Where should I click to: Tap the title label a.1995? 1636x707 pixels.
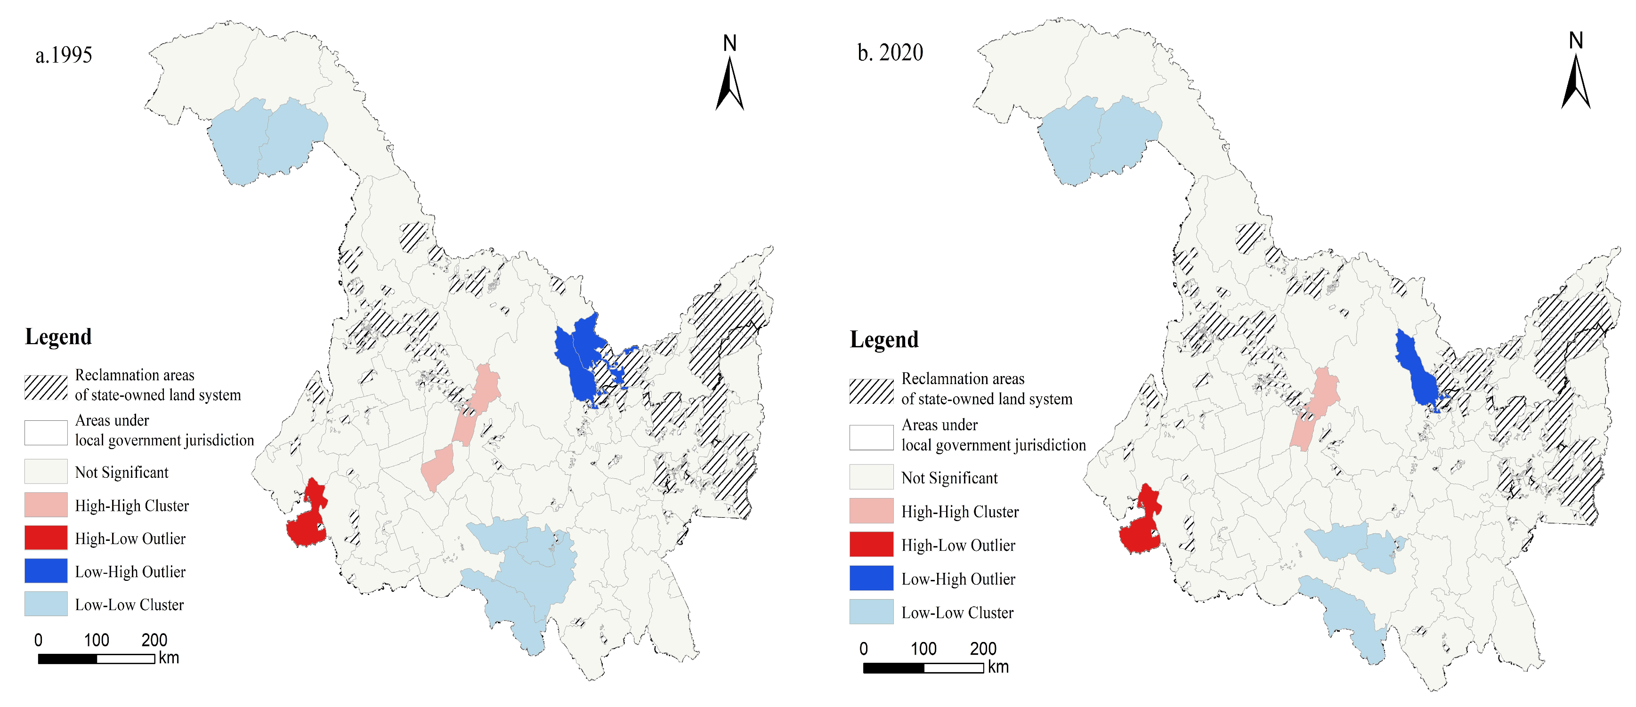(64, 55)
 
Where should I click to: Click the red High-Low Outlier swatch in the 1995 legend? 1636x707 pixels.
(46, 538)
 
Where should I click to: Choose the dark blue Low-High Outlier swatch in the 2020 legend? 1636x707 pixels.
(871, 578)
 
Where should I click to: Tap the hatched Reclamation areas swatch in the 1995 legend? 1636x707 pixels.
(46, 386)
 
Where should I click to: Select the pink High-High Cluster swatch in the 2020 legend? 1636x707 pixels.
(871, 510)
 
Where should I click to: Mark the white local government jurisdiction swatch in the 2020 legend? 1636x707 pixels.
(871, 437)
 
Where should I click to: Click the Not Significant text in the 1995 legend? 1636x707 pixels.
(121, 472)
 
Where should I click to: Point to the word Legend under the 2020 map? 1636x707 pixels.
(884, 339)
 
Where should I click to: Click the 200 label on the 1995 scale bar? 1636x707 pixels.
(154, 640)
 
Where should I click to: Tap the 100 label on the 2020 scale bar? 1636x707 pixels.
(923, 649)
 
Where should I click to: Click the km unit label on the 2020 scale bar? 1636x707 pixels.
(998, 667)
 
